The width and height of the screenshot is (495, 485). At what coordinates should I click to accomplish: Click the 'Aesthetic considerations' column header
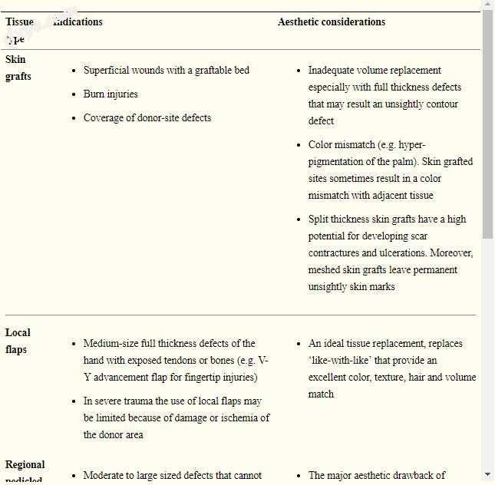click(x=332, y=22)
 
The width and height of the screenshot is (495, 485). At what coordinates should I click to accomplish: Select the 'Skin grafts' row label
click(x=18, y=68)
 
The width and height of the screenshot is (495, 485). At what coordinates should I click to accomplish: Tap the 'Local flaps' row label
click(x=18, y=341)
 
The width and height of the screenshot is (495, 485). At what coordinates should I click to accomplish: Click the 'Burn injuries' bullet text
click(x=111, y=94)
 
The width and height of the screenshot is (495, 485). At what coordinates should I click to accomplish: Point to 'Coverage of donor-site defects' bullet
click(x=147, y=118)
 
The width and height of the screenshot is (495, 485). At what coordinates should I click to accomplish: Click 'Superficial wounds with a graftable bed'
click(x=166, y=71)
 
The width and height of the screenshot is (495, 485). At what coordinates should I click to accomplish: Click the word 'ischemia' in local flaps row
click(x=239, y=418)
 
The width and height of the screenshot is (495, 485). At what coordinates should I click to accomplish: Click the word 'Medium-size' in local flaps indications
click(x=111, y=344)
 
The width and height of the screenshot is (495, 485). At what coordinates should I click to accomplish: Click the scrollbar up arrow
click(x=488, y=5)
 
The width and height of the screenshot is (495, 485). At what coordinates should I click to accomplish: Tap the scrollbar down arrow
click(x=488, y=474)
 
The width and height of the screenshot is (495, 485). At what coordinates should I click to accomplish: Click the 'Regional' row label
click(x=25, y=465)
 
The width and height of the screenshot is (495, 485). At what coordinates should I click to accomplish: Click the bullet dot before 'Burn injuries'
click(x=74, y=94)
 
